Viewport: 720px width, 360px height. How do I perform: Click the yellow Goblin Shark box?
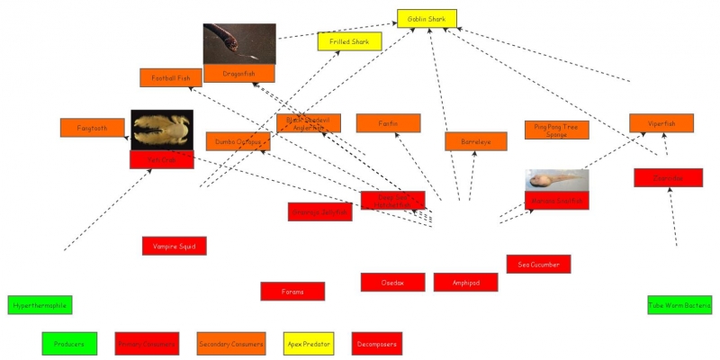click(x=427, y=18)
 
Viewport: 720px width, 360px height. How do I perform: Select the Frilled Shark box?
click(x=350, y=41)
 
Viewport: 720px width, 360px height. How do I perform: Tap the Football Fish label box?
click(x=171, y=77)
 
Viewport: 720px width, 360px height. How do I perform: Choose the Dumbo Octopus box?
click(x=238, y=141)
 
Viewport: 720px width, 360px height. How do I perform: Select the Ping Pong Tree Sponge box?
click(x=557, y=130)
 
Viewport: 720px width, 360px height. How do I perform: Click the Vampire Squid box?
click(x=175, y=246)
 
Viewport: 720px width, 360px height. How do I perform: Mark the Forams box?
click(x=292, y=291)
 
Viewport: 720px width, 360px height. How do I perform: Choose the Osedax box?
click(x=392, y=282)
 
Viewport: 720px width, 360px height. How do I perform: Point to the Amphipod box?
click(x=465, y=282)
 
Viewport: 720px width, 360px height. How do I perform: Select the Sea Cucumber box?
click(x=538, y=264)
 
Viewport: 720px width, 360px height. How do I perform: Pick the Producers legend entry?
click(x=68, y=343)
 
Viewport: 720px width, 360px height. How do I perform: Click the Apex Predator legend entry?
click(x=309, y=343)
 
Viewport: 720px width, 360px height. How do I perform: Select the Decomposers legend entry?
click(x=376, y=343)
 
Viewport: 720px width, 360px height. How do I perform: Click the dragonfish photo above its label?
click(x=239, y=44)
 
